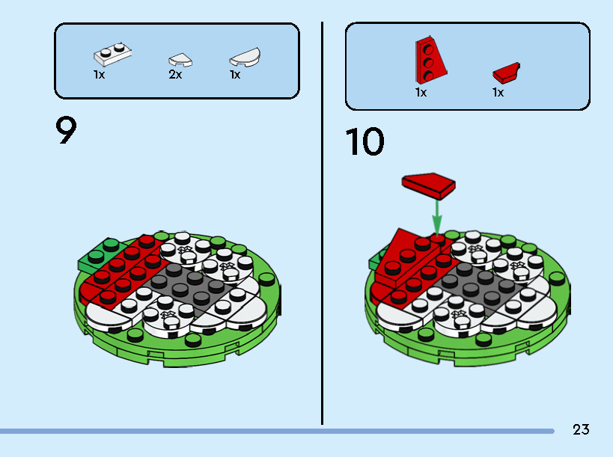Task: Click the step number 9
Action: coord(66,131)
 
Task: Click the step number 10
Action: coord(365,142)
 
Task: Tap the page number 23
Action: coord(581,429)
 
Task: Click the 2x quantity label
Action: coord(175,75)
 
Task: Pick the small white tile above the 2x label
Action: coord(180,59)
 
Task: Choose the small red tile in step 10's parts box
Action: coord(507,73)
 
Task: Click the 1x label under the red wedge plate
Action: coord(421,93)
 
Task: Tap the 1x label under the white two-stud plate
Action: coord(100,75)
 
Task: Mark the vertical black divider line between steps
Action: coord(322,224)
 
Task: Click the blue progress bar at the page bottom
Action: coord(277,431)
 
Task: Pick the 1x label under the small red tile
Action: coord(498,93)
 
